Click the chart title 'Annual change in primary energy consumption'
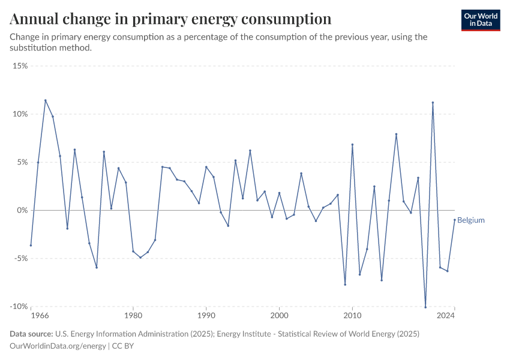pos(170,19)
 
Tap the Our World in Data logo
pos(480,20)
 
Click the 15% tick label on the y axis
pos(20,65)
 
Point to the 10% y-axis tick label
pos(20,114)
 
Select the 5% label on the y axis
pos(22,162)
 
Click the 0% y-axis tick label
pos(22,210)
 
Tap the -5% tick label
pos(20,259)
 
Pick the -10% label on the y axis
pos(19,307)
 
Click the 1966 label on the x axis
pos(40,316)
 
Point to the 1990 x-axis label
pos(206,316)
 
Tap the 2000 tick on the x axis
pos(279,316)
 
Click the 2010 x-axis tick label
pos(352,316)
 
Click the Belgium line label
pos(471,220)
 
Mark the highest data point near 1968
pos(45,100)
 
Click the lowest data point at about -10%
pos(425,307)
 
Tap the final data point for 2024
pos(455,220)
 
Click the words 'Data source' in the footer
pos(31,334)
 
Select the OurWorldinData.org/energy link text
pos(58,346)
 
